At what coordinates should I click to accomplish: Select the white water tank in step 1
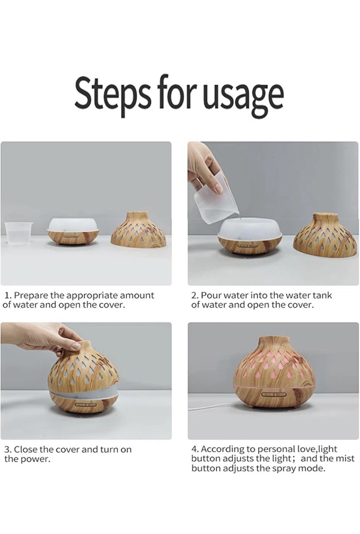pyautogui.click(x=73, y=225)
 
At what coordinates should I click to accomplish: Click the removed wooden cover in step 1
pyautogui.click(x=138, y=230)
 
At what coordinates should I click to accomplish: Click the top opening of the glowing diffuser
pyautogui.click(x=273, y=339)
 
